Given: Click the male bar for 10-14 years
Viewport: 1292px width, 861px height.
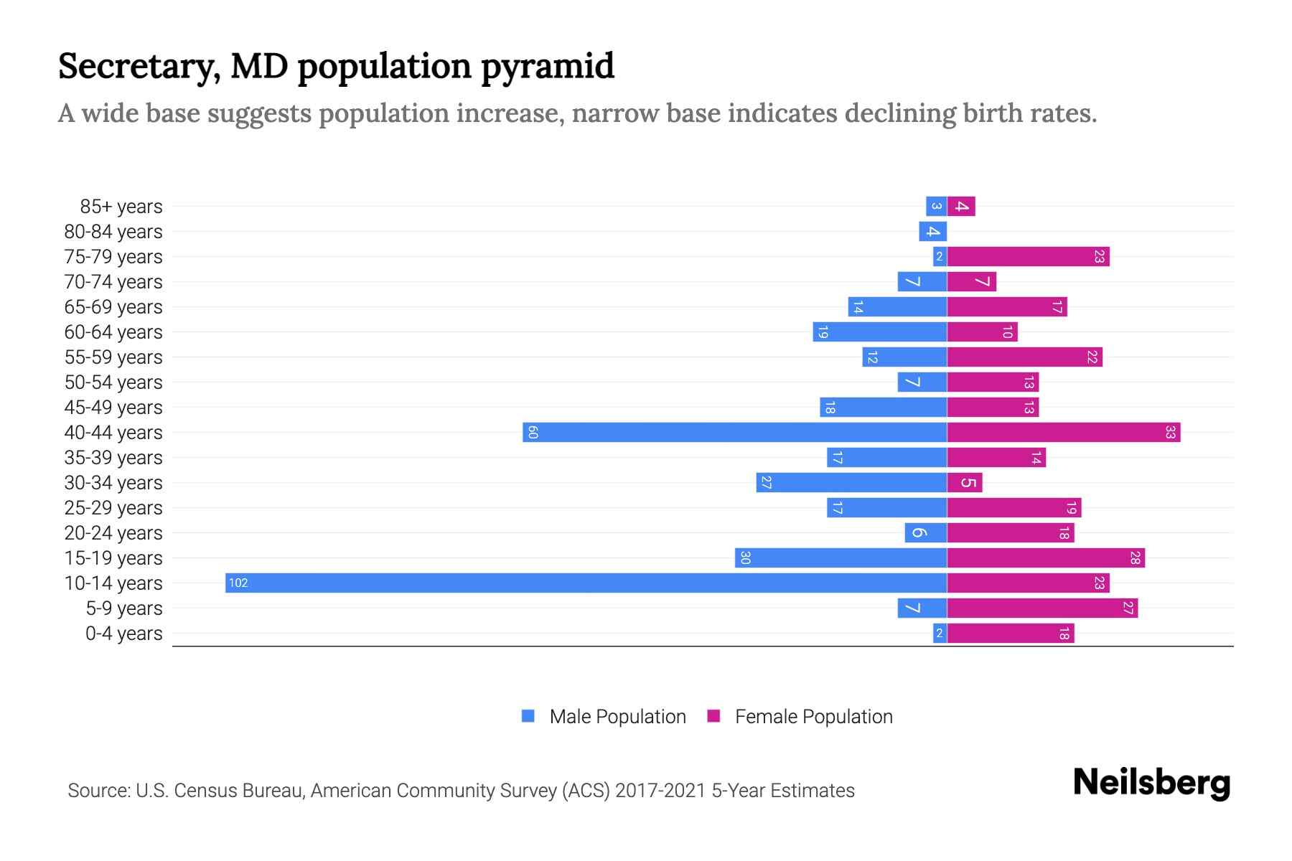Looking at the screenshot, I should [586, 583].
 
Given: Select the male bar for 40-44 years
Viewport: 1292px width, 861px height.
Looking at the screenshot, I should [734, 432].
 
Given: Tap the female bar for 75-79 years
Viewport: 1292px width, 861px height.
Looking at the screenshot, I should [1028, 256].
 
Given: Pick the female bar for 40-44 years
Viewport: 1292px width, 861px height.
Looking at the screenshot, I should [1063, 432].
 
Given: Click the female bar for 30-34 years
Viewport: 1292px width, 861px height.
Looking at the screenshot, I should [964, 482].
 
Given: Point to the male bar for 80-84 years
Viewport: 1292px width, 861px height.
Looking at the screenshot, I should [932, 231].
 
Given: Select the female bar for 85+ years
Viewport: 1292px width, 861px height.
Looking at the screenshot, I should [960, 207].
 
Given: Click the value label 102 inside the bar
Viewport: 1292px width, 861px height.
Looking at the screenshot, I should [238, 583].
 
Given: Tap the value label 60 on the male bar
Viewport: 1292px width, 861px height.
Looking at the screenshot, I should [533, 432].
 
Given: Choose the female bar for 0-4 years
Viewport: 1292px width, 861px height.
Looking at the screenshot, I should [1010, 633].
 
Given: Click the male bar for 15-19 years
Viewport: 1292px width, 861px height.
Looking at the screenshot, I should [841, 557].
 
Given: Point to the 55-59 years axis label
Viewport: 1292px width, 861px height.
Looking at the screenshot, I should [113, 357].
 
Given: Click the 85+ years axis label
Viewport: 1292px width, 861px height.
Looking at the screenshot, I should [121, 207].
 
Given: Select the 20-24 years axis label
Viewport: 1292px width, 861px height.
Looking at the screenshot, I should [113, 533].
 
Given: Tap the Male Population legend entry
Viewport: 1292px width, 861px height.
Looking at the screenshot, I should [604, 716].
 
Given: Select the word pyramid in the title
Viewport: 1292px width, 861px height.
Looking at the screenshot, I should [547, 66].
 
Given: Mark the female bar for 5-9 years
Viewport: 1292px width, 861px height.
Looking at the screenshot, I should [1041, 608].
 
